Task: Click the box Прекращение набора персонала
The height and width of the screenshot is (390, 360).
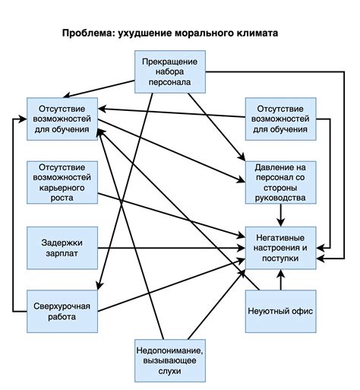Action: point(171,71)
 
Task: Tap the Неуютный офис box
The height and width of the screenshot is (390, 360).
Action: point(281,312)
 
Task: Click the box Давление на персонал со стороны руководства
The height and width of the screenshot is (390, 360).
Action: point(281,182)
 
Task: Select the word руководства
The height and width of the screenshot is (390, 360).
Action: point(281,199)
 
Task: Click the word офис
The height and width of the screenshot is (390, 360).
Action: point(298,312)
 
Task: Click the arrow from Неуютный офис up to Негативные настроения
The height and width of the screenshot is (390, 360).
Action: point(281,281)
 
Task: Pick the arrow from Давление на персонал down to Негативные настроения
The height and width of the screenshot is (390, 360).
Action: point(281,216)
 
